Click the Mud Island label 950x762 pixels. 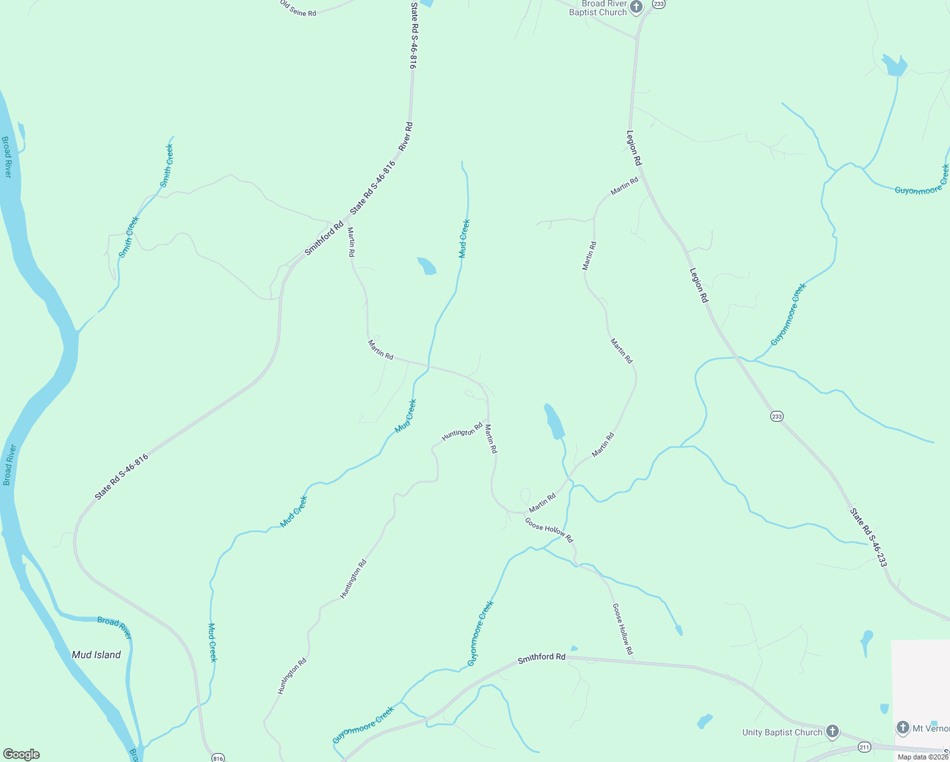click(96, 655)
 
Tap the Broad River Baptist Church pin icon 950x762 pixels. click(636, 6)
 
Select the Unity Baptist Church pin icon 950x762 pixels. click(832, 732)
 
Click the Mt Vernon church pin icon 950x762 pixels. click(902, 728)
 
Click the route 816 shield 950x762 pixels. click(218, 758)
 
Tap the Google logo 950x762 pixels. click(21, 754)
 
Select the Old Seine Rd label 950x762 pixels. click(298, 9)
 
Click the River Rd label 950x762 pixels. click(405, 137)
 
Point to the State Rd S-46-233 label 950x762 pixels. click(868, 537)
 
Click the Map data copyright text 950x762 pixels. click(923, 757)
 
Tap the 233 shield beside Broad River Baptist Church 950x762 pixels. click(659, 4)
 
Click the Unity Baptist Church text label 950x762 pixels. click(782, 732)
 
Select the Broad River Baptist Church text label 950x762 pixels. click(598, 8)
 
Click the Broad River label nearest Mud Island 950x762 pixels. click(115, 627)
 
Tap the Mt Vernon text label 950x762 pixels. click(931, 728)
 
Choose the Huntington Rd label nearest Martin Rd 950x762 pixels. click(462, 432)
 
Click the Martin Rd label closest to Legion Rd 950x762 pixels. click(624, 186)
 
